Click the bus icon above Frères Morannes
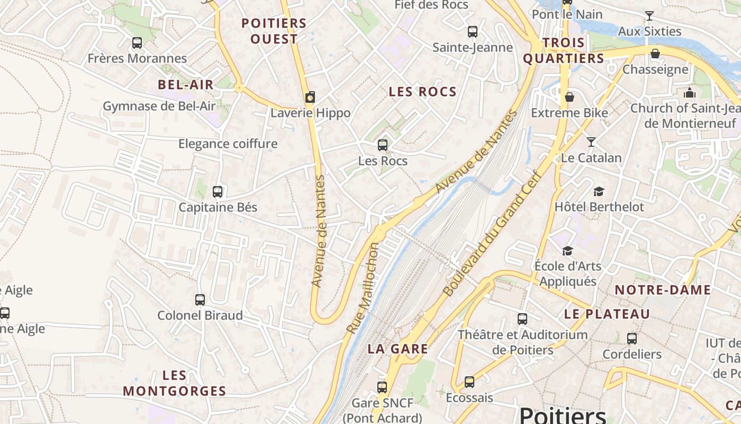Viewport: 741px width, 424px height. (137, 43)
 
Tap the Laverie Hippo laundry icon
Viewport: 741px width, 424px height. (310, 97)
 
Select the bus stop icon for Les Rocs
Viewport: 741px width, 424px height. (383, 145)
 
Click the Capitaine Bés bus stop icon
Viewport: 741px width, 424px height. (218, 191)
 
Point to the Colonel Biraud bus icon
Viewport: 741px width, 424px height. (200, 300)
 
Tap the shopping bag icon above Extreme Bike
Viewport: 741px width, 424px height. (570, 97)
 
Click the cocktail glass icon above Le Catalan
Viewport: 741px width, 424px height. (591, 142)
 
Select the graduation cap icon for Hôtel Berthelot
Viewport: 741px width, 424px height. (599, 191)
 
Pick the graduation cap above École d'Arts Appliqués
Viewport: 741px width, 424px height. (567, 251)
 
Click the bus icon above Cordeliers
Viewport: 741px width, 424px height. (632, 338)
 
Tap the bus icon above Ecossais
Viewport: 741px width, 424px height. (469, 382)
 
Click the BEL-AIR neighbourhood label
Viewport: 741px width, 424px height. (186, 84)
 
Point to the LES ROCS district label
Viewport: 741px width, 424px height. (422, 92)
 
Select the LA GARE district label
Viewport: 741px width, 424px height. (397, 349)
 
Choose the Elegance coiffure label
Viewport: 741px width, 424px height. (228, 144)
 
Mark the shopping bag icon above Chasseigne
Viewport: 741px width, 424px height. (655, 54)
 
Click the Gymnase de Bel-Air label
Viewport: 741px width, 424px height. (159, 106)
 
